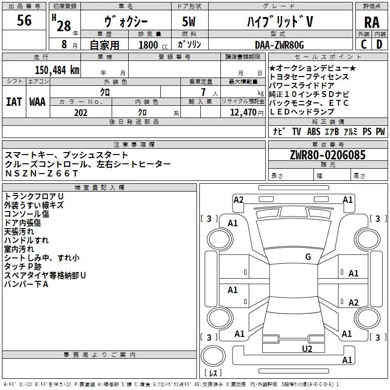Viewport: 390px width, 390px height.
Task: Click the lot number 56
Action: click(x=24, y=20)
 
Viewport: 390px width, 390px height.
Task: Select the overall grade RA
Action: click(x=371, y=22)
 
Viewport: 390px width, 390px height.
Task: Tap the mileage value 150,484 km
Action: click(x=57, y=70)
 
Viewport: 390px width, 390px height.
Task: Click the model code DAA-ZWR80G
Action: click(x=279, y=45)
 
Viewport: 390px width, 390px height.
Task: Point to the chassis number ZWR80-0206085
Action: click(x=328, y=155)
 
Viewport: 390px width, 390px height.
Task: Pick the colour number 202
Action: click(x=80, y=113)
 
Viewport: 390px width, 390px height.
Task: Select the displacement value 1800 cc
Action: click(x=153, y=45)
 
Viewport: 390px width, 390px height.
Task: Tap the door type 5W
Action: click(x=189, y=21)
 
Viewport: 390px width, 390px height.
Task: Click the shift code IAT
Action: click(x=14, y=102)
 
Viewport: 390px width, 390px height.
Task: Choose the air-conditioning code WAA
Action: click(x=38, y=102)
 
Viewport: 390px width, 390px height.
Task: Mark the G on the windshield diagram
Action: click(x=308, y=256)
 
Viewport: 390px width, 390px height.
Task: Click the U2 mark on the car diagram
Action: click(x=307, y=349)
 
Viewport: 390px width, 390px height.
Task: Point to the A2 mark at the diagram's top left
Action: click(x=238, y=200)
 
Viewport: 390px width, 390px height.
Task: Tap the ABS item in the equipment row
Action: click(x=313, y=131)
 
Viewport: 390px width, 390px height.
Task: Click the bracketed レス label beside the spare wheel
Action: click(x=213, y=372)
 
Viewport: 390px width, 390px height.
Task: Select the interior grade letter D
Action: click(x=379, y=44)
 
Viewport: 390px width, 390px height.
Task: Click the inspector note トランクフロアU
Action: click(x=34, y=196)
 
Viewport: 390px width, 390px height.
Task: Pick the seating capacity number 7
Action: click(x=204, y=92)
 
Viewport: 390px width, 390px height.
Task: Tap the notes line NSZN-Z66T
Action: click(x=41, y=174)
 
